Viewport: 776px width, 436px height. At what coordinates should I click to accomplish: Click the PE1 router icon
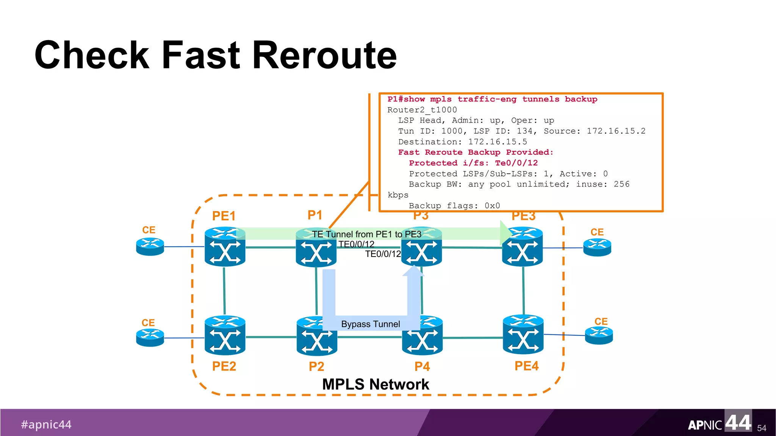point(225,247)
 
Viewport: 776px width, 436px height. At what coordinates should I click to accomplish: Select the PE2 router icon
point(225,335)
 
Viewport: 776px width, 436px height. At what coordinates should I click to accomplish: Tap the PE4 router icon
point(523,335)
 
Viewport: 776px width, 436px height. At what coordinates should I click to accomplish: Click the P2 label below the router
point(316,366)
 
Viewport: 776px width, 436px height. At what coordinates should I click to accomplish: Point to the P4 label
point(422,366)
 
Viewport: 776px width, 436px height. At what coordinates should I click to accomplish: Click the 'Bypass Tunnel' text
point(370,324)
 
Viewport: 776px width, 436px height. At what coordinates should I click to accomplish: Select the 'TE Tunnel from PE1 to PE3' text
point(366,234)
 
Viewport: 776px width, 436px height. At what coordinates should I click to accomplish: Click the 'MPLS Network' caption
point(375,384)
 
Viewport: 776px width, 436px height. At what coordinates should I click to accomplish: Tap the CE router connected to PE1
point(150,247)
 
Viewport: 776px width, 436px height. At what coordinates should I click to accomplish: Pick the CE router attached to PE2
point(150,338)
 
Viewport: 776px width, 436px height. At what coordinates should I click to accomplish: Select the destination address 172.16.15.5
point(498,142)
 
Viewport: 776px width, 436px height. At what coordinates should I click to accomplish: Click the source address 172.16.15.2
point(616,131)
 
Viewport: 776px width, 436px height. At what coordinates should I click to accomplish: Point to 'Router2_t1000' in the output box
point(422,110)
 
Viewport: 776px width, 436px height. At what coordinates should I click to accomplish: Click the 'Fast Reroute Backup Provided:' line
point(476,152)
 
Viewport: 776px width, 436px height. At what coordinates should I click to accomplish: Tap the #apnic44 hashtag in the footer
point(46,424)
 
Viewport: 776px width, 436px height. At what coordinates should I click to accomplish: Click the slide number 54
point(762,428)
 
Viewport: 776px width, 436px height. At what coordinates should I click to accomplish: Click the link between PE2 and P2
point(271,337)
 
